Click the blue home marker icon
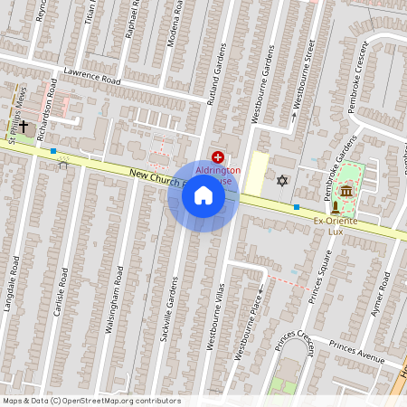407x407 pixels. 203,195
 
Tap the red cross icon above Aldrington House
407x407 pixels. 217,157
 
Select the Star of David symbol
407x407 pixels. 281,181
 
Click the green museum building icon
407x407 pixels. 346,192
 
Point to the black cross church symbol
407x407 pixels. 25,127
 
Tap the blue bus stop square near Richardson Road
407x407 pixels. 54,151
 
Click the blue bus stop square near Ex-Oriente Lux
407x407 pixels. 297,207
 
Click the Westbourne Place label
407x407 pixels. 251,322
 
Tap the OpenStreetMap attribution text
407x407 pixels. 91,401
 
